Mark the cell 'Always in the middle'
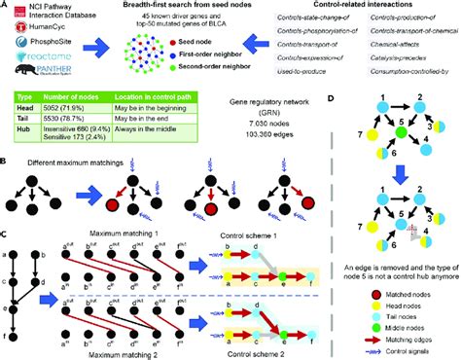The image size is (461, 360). pos(160,158)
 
